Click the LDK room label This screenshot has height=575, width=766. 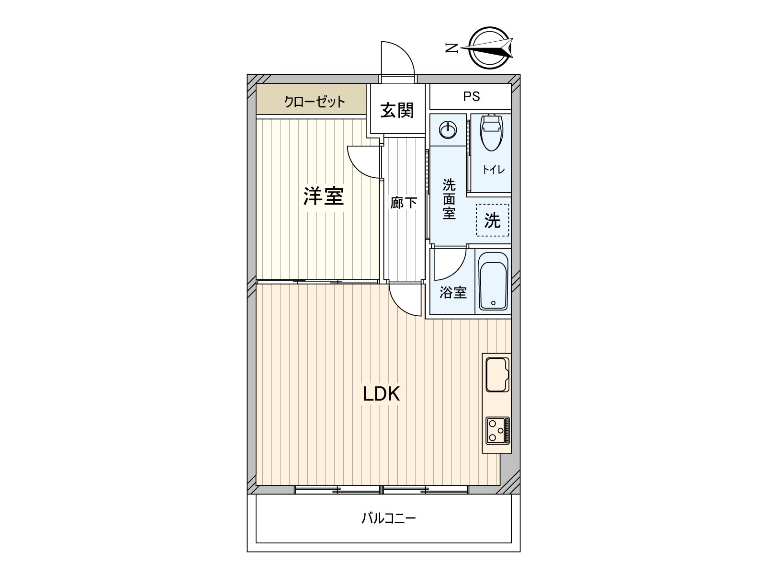point(381,394)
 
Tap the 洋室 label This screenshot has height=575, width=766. point(324,196)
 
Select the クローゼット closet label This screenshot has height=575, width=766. point(314,102)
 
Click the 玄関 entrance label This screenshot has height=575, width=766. point(397,111)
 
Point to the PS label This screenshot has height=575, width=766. point(471,97)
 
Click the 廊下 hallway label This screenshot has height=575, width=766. point(404,203)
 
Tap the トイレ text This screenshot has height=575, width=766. point(493,170)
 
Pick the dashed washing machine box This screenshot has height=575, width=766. point(492,220)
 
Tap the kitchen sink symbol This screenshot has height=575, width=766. point(497,374)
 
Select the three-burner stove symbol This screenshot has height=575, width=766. point(497,430)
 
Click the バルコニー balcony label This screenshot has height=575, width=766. point(388,518)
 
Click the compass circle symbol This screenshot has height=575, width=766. point(489,48)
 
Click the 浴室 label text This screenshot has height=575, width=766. point(453,292)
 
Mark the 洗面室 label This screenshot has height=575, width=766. point(449,199)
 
